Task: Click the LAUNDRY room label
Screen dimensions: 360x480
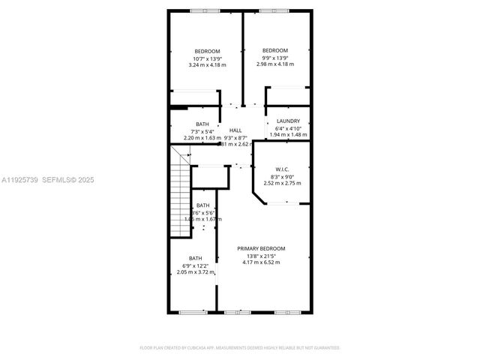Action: click(x=288, y=121)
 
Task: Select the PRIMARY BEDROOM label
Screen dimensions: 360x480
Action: click(x=261, y=248)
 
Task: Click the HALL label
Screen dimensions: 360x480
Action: click(x=235, y=130)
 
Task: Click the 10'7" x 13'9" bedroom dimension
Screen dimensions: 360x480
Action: click(x=207, y=58)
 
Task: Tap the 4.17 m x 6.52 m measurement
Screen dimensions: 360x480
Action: click(x=261, y=262)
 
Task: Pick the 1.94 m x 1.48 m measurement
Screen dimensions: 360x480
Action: click(x=288, y=135)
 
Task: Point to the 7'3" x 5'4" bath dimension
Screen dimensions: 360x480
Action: click(x=202, y=131)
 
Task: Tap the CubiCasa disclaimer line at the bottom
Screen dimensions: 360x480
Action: click(x=240, y=348)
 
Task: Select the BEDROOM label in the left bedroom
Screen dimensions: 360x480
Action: click(x=207, y=51)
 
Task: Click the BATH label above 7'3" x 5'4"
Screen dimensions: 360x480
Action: click(x=202, y=124)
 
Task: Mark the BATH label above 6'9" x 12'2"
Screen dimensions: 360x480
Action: click(x=195, y=259)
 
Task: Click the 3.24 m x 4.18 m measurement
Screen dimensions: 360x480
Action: click(x=207, y=64)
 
